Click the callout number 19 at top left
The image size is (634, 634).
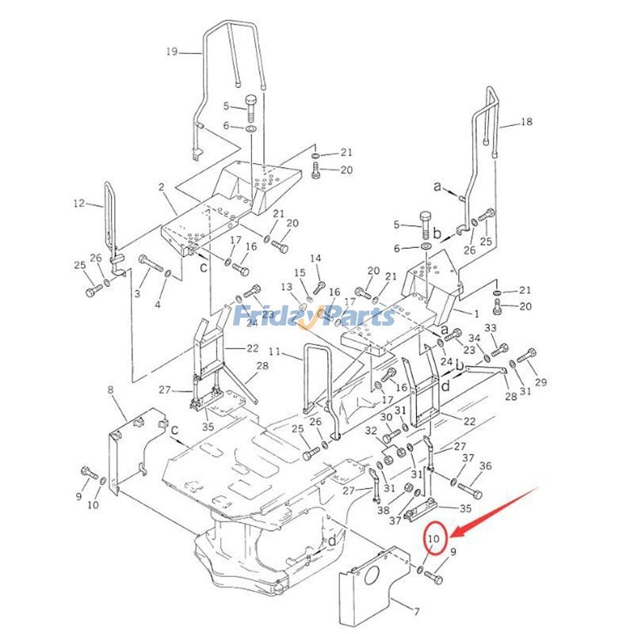(172, 53)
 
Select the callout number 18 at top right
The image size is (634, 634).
(528, 122)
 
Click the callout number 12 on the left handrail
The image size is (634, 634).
(78, 204)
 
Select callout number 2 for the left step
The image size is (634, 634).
(161, 187)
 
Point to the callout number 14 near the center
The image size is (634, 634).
(315, 258)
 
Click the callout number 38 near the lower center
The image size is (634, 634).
(384, 510)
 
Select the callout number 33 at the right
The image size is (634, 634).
(491, 327)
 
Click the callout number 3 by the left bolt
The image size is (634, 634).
(136, 294)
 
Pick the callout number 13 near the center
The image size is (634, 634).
(285, 286)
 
